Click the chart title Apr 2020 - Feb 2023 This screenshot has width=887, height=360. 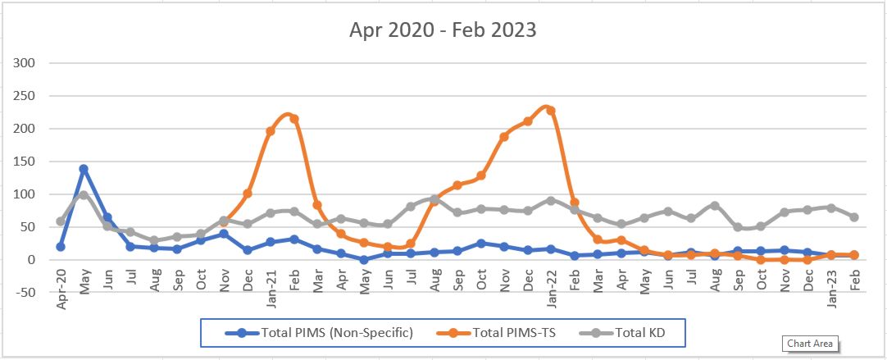[x=443, y=30]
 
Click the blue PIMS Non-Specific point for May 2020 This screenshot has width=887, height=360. [x=84, y=169]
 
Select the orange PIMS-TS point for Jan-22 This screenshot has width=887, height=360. [x=551, y=111]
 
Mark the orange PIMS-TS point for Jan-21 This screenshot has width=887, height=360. [x=271, y=131]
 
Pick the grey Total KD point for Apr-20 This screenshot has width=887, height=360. [x=61, y=221]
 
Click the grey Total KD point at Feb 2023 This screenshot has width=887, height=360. [x=854, y=217]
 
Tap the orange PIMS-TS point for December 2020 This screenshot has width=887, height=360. [x=248, y=194]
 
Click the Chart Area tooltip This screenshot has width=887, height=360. [x=812, y=344]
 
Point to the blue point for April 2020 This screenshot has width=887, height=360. [x=61, y=247]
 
